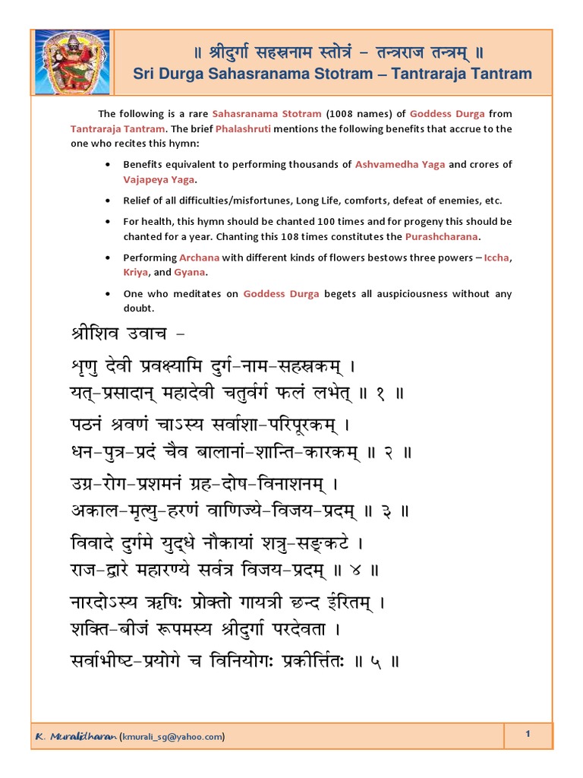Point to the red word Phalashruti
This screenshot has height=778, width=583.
tap(243, 128)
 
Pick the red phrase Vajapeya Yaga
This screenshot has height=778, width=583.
tap(159, 179)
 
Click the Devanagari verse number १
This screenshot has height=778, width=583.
tap(381, 394)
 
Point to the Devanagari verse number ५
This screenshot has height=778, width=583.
tap(374, 662)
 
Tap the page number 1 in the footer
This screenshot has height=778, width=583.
tap(526, 733)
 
